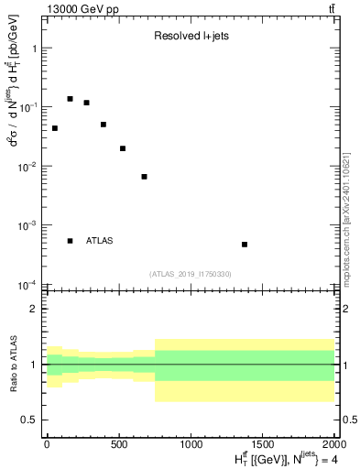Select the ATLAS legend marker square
70,241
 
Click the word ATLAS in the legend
100,241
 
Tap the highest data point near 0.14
70,99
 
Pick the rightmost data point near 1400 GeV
245,245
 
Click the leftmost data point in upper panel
55,128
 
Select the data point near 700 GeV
144,177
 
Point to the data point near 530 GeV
123,148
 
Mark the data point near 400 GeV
104,125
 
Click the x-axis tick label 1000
191,445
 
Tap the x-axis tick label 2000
333,445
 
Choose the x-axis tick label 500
119,445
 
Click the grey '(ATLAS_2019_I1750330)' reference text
190,274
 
